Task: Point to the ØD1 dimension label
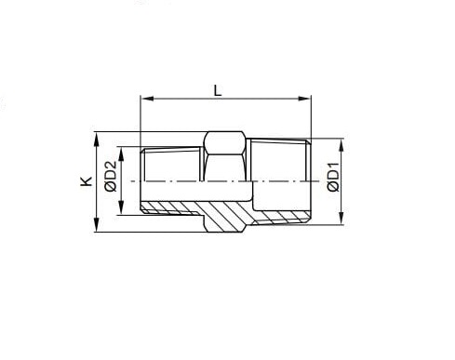coord(332,178)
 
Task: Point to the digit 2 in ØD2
coord(110,165)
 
